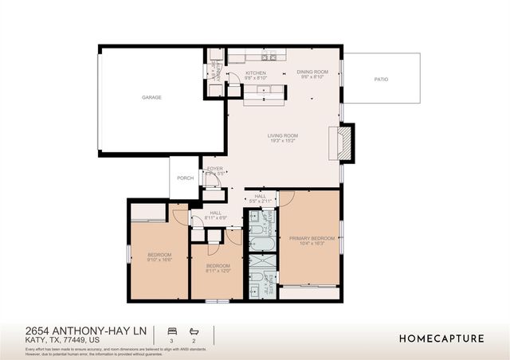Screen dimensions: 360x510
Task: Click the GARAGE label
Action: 151,97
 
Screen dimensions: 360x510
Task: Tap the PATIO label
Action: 382,80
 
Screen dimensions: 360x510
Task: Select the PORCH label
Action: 185,178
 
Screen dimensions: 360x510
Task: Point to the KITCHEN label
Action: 233,74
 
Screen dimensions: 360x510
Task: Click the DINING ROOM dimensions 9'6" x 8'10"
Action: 312,78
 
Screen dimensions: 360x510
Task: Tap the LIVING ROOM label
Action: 282,135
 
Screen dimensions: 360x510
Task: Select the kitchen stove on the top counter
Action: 271,57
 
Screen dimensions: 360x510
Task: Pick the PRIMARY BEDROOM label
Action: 312,238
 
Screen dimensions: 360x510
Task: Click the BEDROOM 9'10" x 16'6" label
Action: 159,255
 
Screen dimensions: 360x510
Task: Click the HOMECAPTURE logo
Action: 441,338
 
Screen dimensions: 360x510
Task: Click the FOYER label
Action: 215,169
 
